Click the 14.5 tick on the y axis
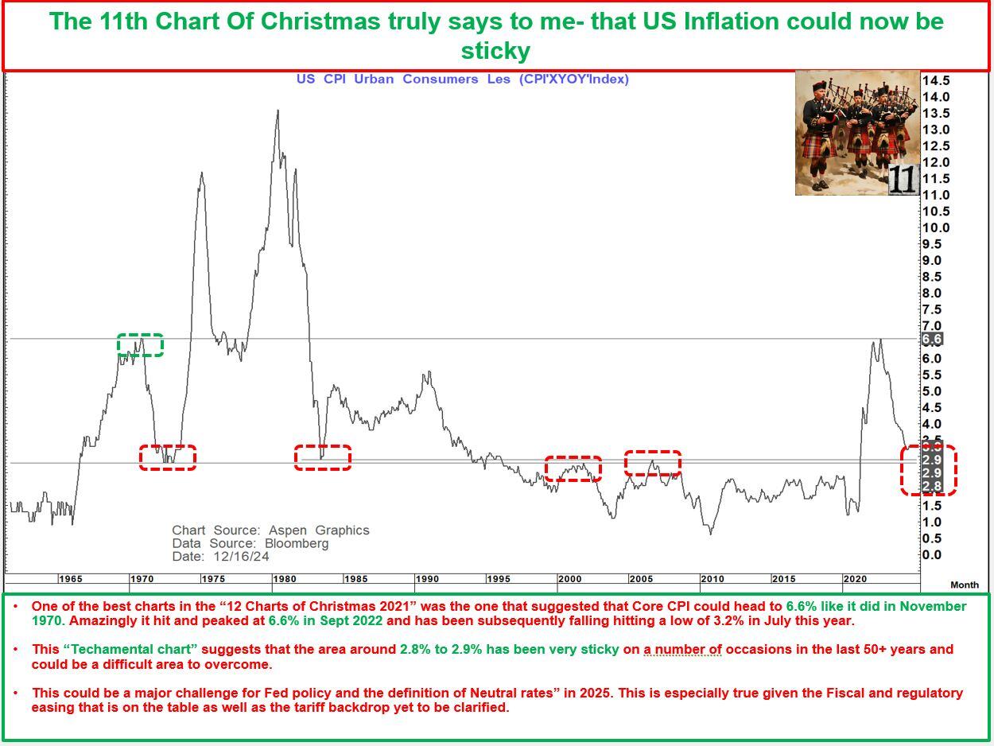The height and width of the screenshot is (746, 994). click(x=935, y=80)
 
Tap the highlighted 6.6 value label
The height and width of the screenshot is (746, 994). click(x=932, y=340)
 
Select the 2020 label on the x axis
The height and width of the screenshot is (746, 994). click(x=854, y=579)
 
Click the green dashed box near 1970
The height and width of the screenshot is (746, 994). click(x=140, y=344)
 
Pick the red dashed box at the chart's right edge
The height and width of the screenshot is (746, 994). click(x=928, y=470)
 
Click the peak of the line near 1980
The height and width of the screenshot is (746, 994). click(x=278, y=111)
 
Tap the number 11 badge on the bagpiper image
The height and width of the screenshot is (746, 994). click(x=903, y=180)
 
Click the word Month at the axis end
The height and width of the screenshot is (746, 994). click(x=965, y=585)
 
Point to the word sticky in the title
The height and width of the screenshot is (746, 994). click(x=495, y=51)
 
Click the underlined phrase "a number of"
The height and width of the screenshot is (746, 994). click(x=682, y=649)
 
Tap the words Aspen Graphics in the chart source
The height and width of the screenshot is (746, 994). click(x=318, y=530)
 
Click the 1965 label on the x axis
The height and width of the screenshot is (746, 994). click(x=70, y=579)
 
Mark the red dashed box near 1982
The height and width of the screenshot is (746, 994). click(x=322, y=457)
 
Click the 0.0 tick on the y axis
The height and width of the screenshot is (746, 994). click(x=932, y=555)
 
